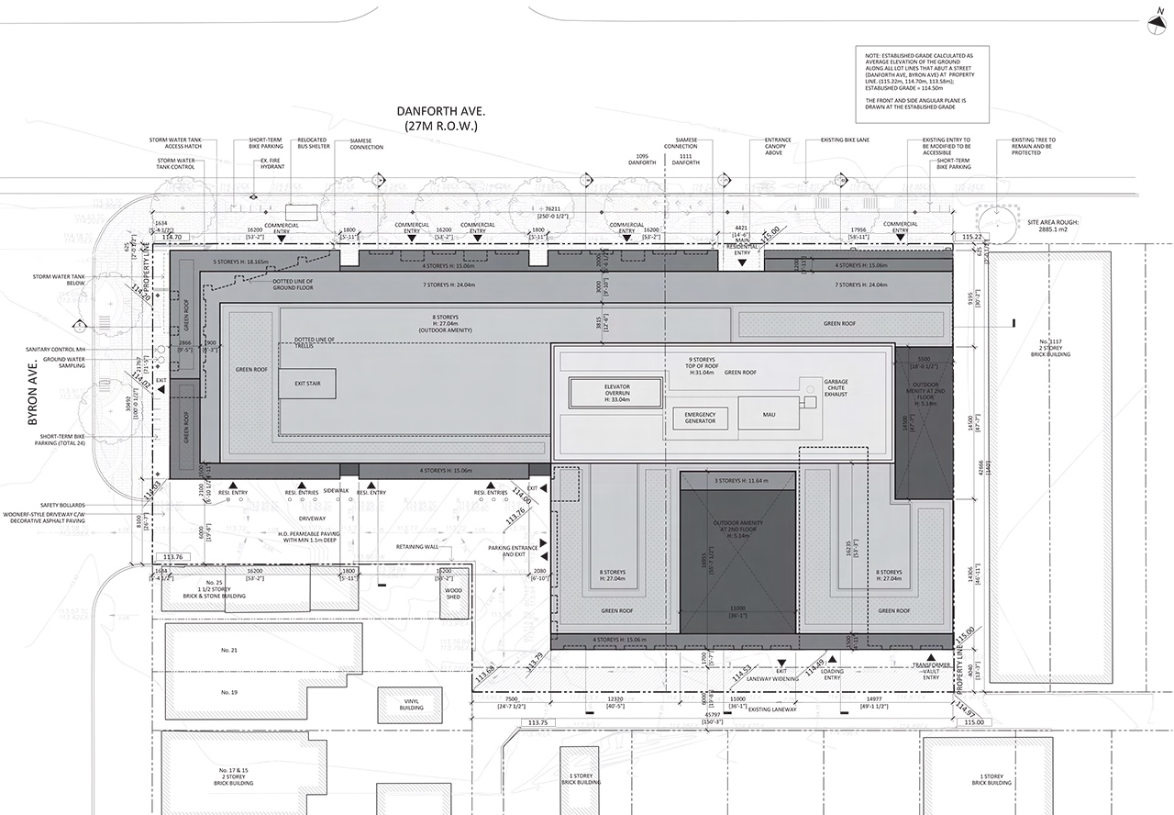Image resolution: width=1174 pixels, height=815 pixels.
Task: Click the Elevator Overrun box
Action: click(x=614, y=393)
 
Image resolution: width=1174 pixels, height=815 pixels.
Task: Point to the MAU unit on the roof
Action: click(x=768, y=415)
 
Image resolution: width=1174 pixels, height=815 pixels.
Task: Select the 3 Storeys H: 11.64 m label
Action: click(x=737, y=480)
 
